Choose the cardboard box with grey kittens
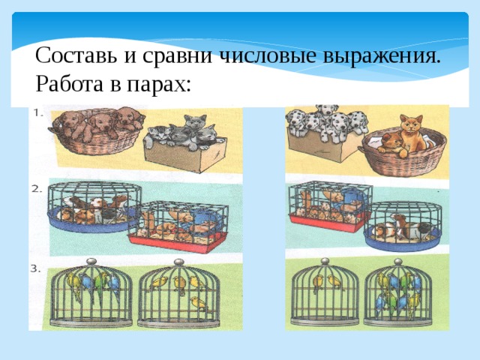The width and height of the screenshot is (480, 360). tap(184, 150)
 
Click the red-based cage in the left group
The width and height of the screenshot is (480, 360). tap(178, 229)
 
